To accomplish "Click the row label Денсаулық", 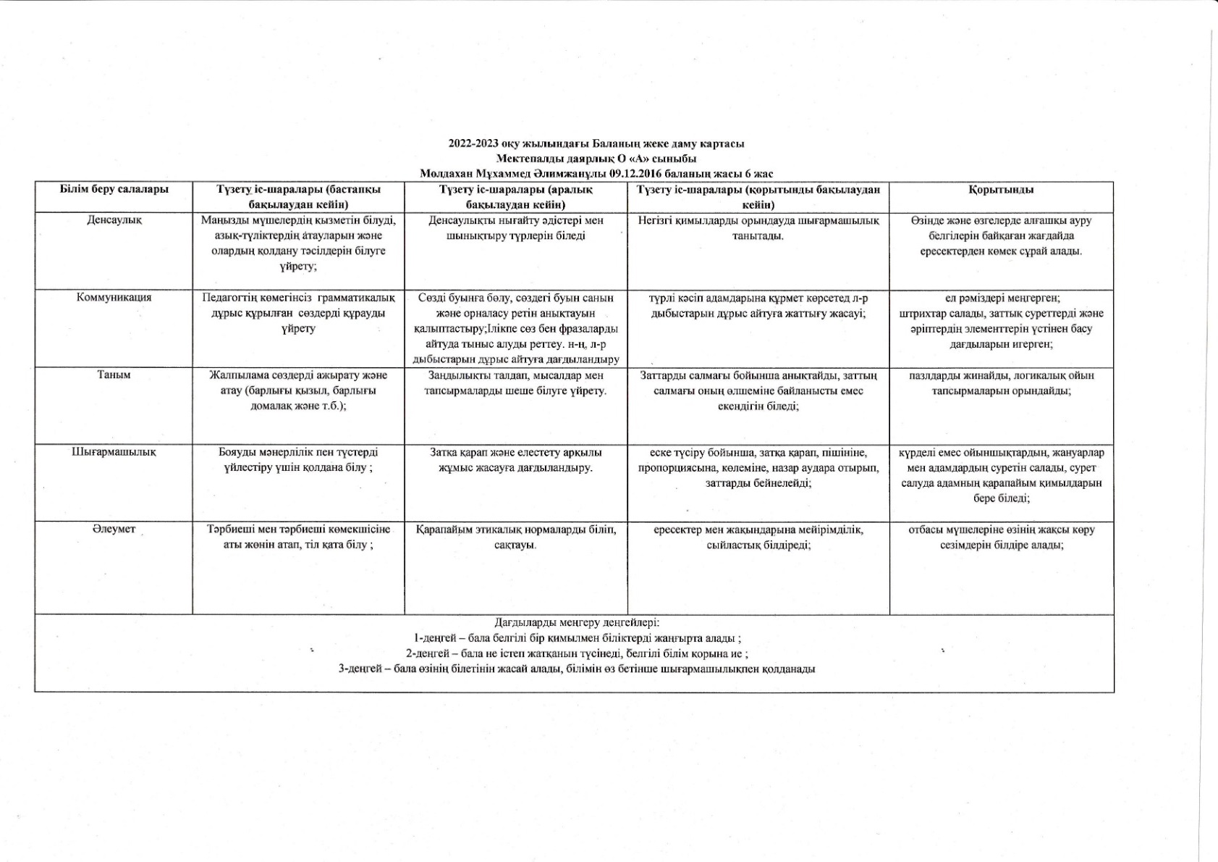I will [114, 220].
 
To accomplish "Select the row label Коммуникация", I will [114, 297].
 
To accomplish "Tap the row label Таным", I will [114, 375].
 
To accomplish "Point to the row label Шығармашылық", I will [114, 452].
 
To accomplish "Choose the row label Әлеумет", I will [114, 530].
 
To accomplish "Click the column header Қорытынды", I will [1001, 190].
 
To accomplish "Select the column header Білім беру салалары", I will [114, 189].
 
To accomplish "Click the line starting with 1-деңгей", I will [577, 638].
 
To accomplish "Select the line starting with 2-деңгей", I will [577, 653].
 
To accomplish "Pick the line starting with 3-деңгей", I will [577, 669].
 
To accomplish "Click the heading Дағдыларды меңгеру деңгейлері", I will [577, 622].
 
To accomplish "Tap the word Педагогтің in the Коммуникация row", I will [229, 298].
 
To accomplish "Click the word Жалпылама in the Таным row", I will [235, 375].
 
